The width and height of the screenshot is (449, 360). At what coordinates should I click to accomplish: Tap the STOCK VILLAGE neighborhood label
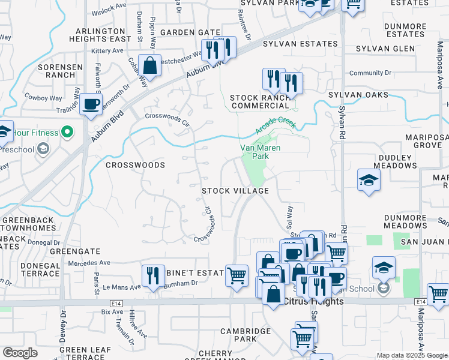[235, 191]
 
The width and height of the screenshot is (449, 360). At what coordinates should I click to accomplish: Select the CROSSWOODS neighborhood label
[135, 164]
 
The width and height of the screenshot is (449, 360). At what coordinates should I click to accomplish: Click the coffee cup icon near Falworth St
[91, 104]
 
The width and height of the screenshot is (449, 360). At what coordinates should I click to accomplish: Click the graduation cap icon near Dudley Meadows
[369, 179]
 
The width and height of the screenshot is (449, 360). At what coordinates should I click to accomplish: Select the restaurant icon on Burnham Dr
[153, 276]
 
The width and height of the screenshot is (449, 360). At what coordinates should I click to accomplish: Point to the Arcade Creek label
[276, 125]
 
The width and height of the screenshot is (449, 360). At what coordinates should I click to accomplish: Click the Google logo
[20, 353]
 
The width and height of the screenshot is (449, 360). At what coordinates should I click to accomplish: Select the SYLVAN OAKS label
[358, 95]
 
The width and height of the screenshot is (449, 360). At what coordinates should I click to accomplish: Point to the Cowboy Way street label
[43, 97]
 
